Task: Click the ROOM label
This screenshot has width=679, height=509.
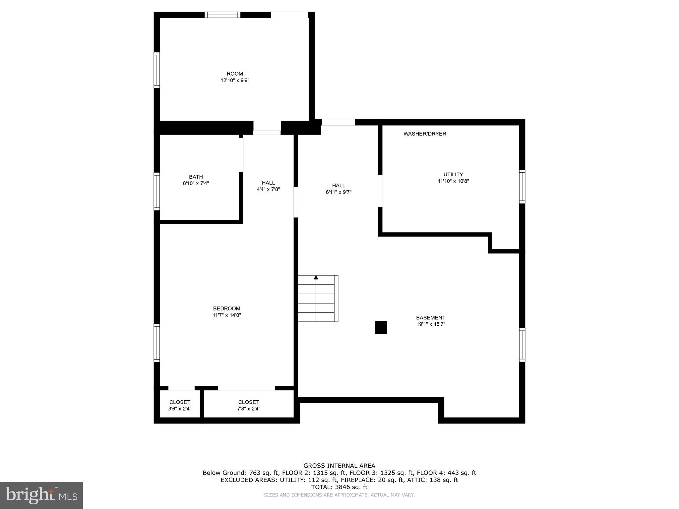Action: tap(235, 74)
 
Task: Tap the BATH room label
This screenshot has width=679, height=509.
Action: tap(196, 177)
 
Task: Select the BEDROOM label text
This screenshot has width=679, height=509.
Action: tap(226, 309)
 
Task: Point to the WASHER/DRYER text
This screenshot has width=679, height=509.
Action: tap(425, 134)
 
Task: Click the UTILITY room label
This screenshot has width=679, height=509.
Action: tap(453, 175)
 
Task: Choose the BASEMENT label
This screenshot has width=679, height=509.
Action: tap(431, 317)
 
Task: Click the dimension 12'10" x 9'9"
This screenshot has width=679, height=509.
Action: tap(235, 80)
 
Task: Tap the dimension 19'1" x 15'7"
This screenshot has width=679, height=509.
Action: tap(431, 324)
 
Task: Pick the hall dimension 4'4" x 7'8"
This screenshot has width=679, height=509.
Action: tap(268, 190)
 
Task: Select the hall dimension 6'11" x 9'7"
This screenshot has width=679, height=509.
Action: tap(339, 192)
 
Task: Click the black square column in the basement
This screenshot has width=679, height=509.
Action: tap(381, 327)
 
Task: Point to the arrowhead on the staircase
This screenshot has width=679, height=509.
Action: tap(316, 278)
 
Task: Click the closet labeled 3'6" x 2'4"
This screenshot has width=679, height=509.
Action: tap(180, 405)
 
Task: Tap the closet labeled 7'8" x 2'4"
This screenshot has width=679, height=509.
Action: tap(249, 405)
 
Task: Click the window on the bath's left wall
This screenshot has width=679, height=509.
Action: tap(157, 191)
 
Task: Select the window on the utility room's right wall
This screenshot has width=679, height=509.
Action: tap(522, 187)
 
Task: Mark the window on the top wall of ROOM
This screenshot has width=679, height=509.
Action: tap(222, 15)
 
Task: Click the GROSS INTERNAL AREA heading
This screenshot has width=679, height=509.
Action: tap(339, 466)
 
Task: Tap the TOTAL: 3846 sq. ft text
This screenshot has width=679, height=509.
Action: tap(339, 487)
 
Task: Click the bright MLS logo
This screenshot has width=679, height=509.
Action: tap(41, 495)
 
